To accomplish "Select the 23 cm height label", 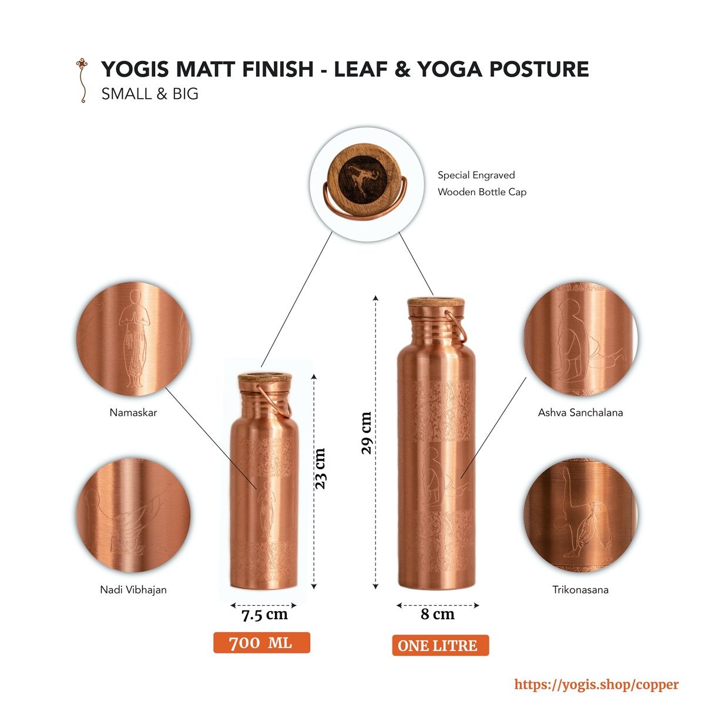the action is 320,469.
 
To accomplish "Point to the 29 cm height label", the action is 366,433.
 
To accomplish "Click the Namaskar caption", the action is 133,412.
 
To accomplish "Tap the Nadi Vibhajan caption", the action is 133,590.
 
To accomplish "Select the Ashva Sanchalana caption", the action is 580,412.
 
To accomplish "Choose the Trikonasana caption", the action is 580,590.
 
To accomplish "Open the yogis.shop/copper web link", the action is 596,684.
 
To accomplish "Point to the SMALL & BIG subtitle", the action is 150,94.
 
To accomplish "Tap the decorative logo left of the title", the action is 82,80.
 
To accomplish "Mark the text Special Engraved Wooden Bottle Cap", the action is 482,183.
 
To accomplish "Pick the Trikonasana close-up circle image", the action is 580,515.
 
